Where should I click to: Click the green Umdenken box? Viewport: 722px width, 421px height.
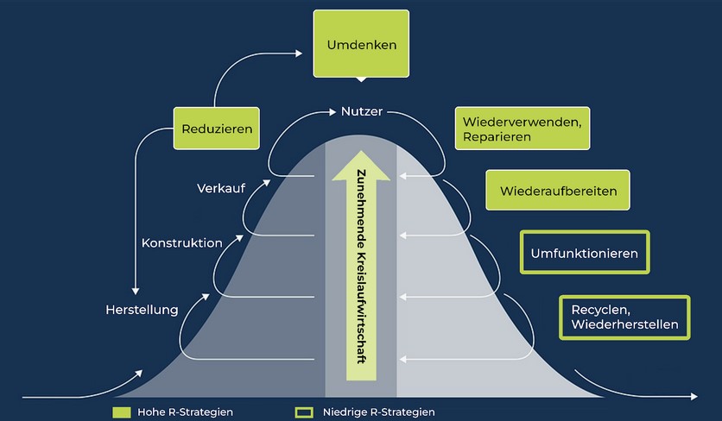click(x=362, y=44)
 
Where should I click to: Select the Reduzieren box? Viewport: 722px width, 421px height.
click(x=217, y=129)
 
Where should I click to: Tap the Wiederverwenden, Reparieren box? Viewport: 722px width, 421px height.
click(x=521, y=129)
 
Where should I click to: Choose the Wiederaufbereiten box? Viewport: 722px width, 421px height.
click(x=556, y=191)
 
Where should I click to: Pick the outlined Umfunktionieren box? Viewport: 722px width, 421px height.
click(x=585, y=254)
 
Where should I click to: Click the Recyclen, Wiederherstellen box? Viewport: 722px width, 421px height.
click(x=624, y=317)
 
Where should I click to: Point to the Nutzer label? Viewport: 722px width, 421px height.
click(x=361, y=112)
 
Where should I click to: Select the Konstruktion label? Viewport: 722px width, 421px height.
click(x=181, y=243)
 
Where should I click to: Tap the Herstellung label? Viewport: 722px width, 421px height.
click(x=142, y=309)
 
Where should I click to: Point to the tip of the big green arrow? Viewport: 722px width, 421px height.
click(x=361, y=155)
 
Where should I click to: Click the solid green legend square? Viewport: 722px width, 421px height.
click(x=122, y=412)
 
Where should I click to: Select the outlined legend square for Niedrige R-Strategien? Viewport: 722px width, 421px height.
click(x=303, y=412)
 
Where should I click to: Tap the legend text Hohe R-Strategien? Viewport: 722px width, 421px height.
click(x=186, y=412)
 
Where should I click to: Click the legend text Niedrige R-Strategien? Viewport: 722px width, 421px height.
click(x=377, y=412)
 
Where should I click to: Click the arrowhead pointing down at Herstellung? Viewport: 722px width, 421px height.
click(x=136, y=292)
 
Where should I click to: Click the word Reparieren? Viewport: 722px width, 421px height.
click(x=495, y=136)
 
